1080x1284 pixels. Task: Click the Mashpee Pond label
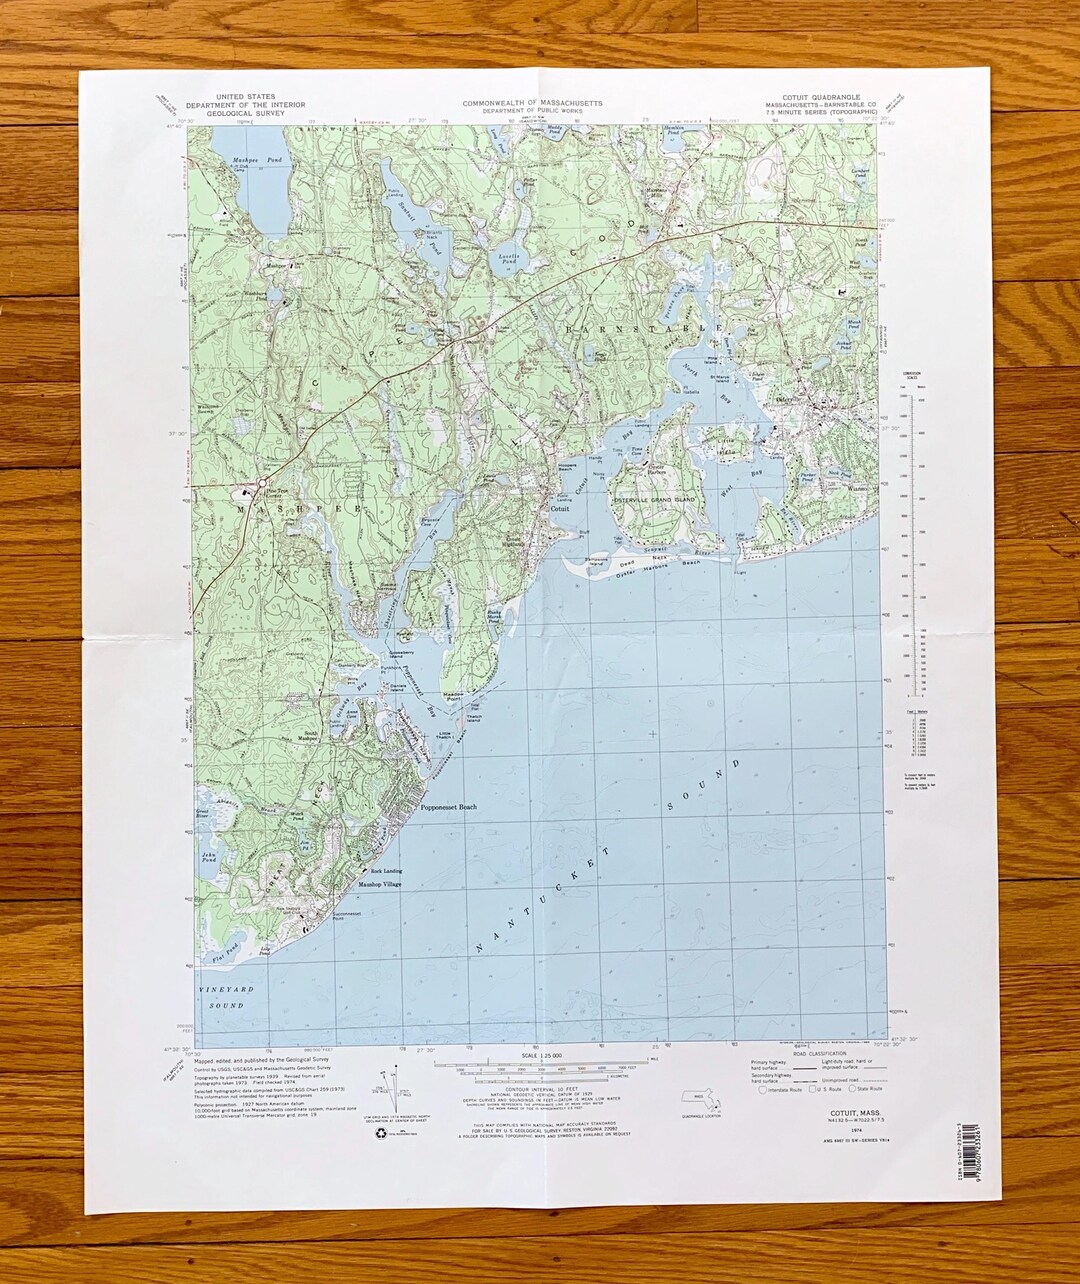tap(244, 159)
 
